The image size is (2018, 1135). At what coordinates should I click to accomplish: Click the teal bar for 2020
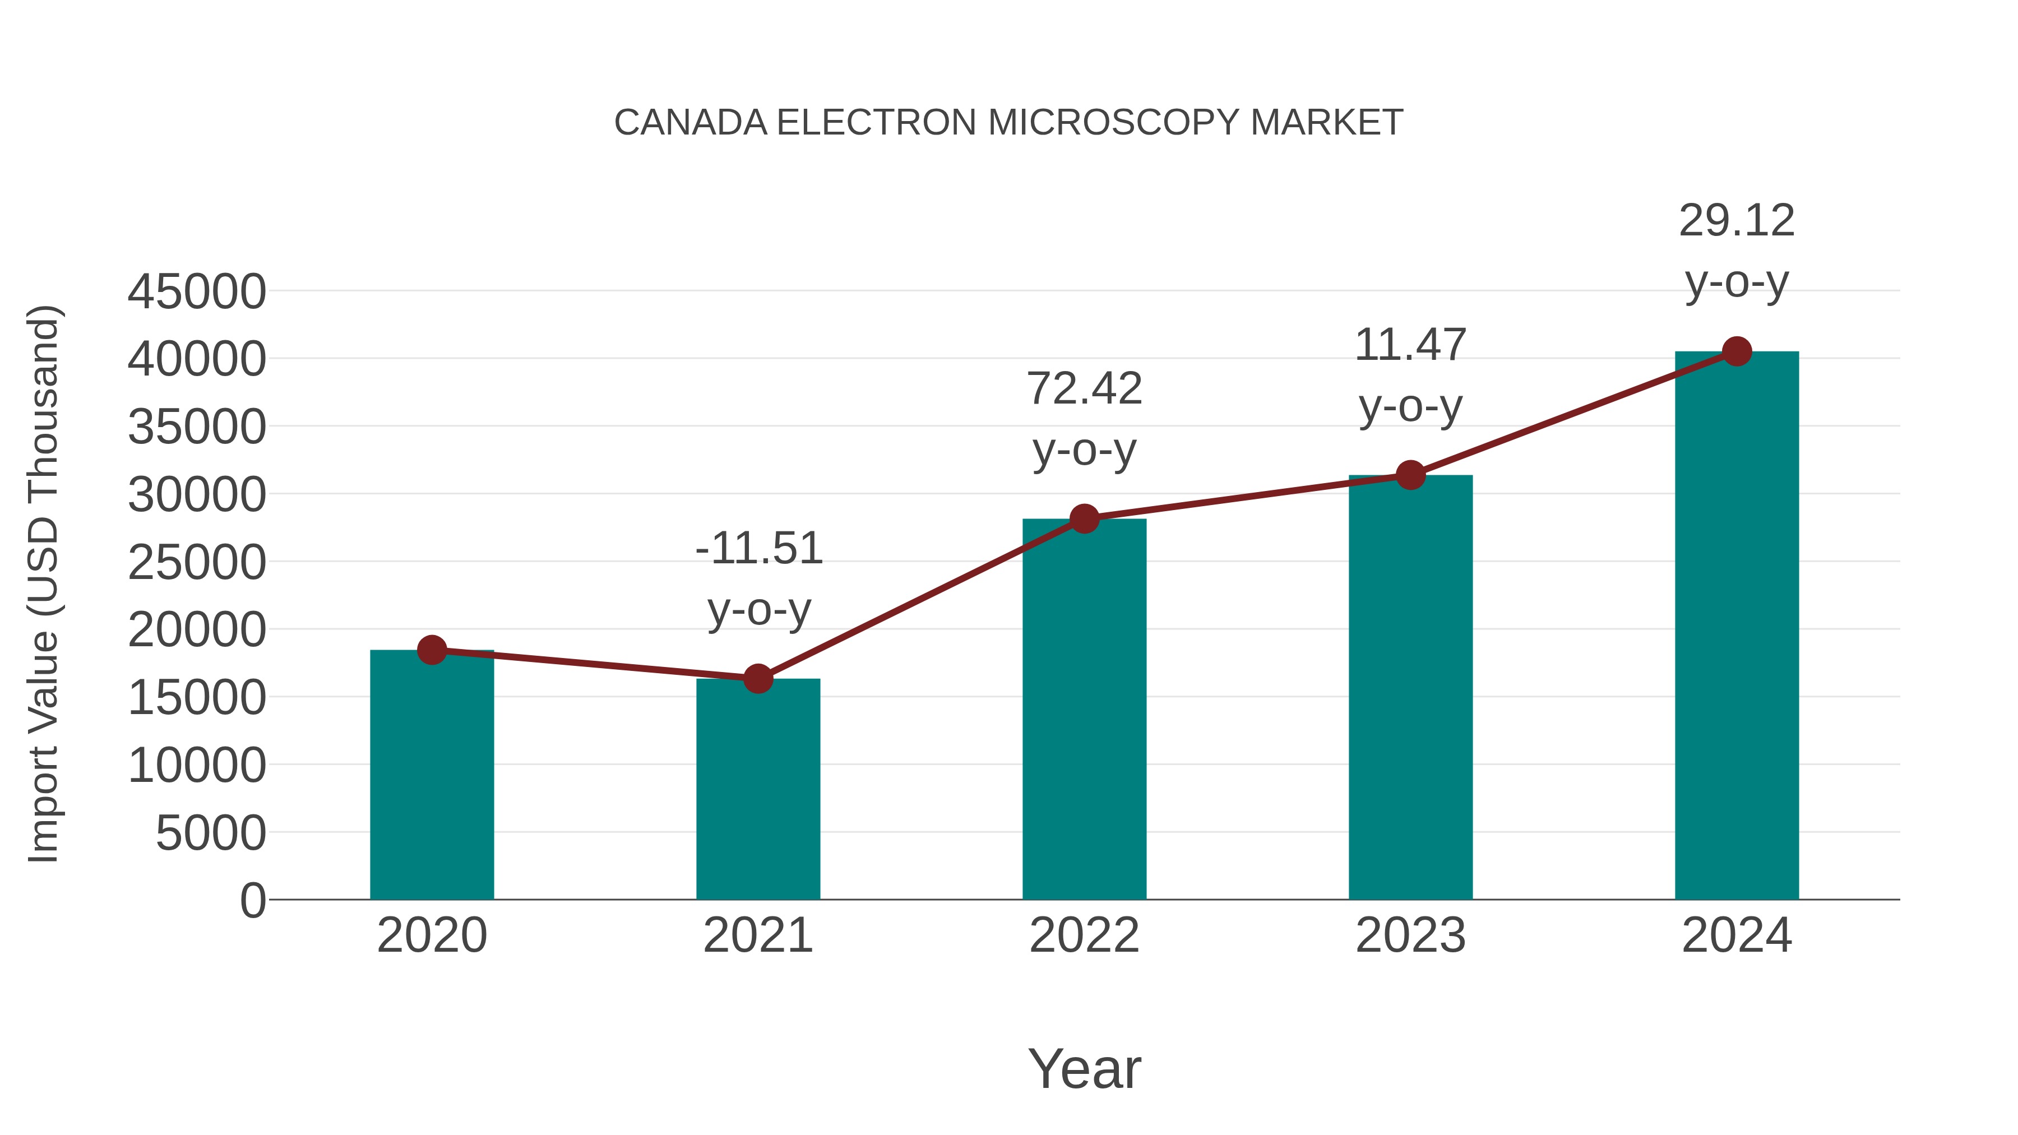[432, 776]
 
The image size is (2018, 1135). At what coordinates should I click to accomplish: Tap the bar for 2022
[1084, 709]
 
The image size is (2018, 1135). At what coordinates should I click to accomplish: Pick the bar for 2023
[1410, 688]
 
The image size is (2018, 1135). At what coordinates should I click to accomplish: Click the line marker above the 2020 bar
[432, 650]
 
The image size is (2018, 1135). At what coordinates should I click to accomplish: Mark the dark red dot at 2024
[1737, 351]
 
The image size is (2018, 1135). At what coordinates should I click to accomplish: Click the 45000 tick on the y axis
[197, 292]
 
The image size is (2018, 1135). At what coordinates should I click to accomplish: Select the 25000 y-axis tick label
[197, 562]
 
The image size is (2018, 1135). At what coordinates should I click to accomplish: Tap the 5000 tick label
[211, 833]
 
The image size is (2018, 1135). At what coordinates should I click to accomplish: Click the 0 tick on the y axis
[253, 900]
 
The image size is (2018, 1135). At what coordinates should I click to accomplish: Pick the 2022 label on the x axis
[1084, 935]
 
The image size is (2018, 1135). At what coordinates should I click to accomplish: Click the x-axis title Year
[1084, 1068]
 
